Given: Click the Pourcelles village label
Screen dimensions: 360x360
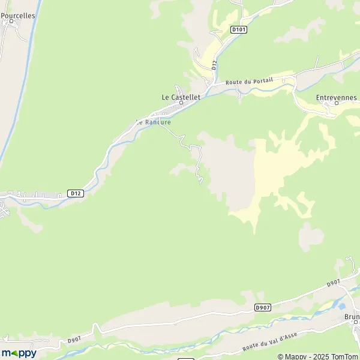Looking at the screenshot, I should [18, 16].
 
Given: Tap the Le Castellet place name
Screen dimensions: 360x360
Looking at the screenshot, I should [181, 96].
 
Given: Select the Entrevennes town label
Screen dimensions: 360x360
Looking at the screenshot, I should [336, 97].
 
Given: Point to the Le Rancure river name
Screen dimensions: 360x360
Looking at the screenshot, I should [154, 122].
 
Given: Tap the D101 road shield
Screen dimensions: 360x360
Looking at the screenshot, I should [238, 29].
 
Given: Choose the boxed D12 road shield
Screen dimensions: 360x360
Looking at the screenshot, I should [75, 193].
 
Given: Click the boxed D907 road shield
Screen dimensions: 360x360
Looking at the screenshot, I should [262, 307].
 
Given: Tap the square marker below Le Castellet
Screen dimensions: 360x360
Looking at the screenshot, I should [181, 103].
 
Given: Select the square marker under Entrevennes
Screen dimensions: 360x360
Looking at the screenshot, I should [337, 103].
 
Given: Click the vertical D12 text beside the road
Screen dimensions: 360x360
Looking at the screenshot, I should [214, 65].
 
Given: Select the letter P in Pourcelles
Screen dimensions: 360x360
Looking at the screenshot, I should [3, 16].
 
